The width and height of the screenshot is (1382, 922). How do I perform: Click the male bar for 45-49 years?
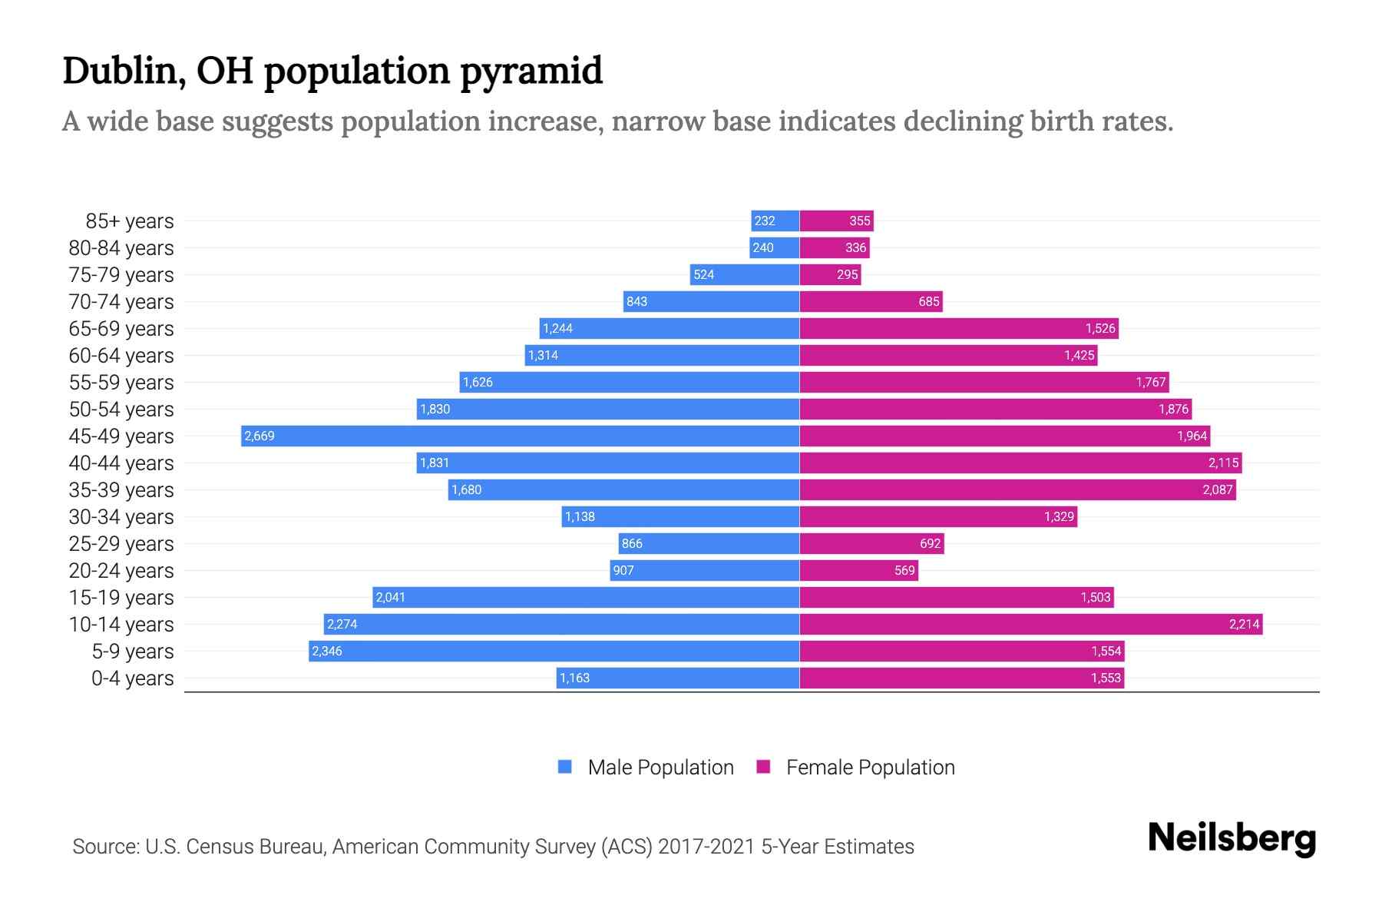pyautogui.click(x=520, y=436)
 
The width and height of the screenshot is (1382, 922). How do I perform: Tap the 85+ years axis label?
pyautogui.click(x=129, y=221)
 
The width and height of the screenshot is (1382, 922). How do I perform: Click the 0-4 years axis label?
pyautogui.click(x=132, y=678)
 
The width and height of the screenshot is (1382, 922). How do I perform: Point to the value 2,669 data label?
pyautogui.click(x=260, y=436)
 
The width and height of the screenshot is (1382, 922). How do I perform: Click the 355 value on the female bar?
pyautogui.click(x=859, y=221)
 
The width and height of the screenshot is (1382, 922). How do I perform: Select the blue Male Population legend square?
pyautogui.click(x=565, y=767)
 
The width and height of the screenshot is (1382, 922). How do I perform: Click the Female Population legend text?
pyautogui.click(x=870, y=768)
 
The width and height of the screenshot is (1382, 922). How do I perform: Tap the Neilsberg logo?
pyautogui.click(x=1232, y=838)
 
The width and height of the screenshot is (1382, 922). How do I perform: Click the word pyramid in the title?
pyautogui.click(x=531, y=71)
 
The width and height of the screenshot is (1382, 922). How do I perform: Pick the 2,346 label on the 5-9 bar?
pyautogui.click(x=327, y=652)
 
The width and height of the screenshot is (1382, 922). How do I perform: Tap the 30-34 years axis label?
pyautogui.click(x=121, y=517)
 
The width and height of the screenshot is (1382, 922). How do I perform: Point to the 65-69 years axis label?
pyautogui.click(x=121, y=329)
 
